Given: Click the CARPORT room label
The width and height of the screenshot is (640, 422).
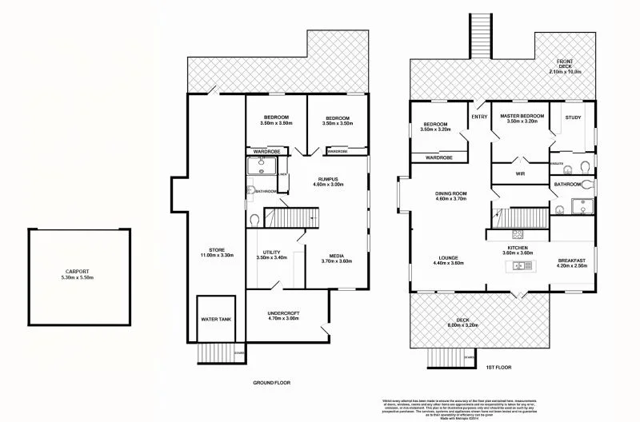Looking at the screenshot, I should [x=77, y=273].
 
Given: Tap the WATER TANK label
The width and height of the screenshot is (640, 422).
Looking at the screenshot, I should [x=214, y=319].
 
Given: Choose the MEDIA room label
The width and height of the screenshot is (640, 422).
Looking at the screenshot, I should [x=336, y=258].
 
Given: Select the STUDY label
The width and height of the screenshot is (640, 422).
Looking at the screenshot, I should [x=573, y=117].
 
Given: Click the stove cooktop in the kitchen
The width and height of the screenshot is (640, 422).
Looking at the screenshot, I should [x=516, y=234].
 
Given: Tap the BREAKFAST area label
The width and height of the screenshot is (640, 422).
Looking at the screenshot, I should [x=574, y=262].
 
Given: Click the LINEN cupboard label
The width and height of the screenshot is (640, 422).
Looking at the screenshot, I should [x=282, y=173].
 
